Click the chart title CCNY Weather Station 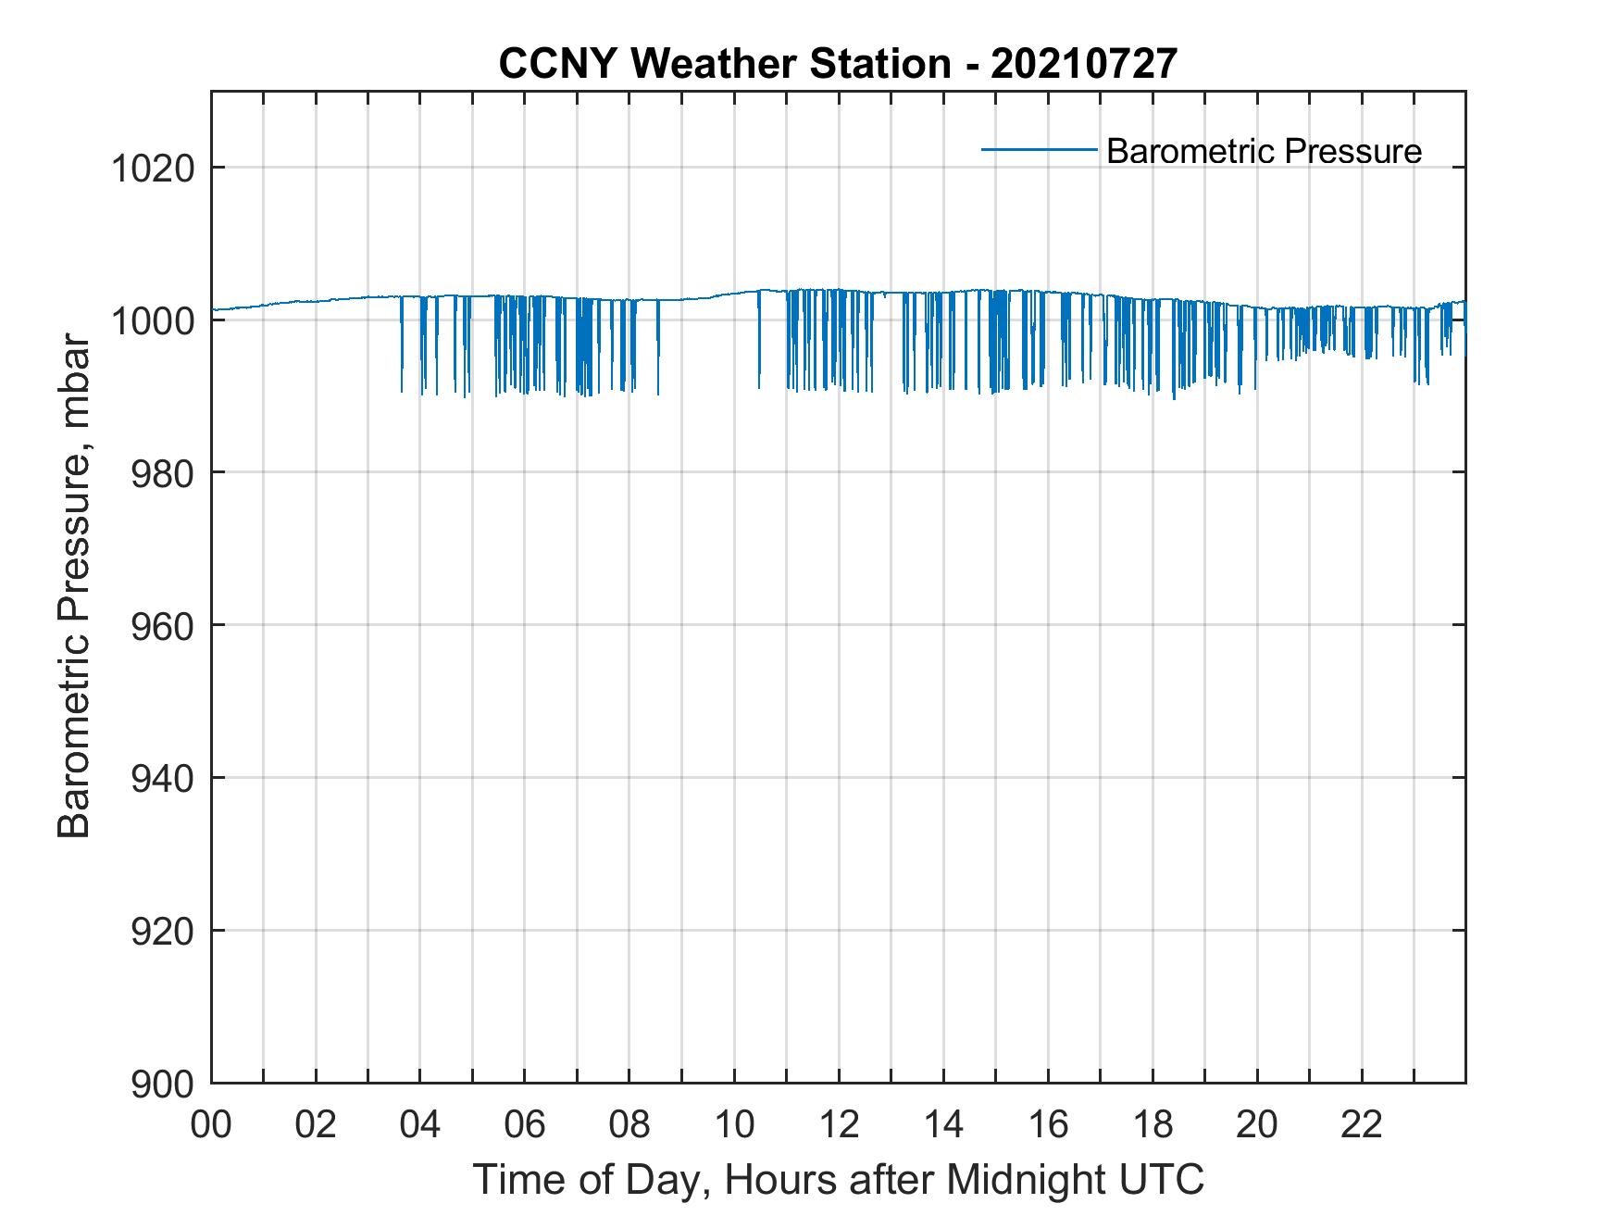tap(724, 64)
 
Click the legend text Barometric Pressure tap(1264, 151)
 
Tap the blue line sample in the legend tap(1039, 149)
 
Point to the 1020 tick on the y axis tap(153, 169)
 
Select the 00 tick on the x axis tap(211, 1125)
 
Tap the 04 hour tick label tap(420, 1125)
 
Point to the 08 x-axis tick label tap(629, 1125)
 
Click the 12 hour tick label tap(839, 1125)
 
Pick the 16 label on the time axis tap(1048, 1125)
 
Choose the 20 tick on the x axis tap(1257, 1125)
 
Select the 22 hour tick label tap(1362, 1125)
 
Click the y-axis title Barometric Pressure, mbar tap(74, 587)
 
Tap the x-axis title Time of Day tap(838, 1180)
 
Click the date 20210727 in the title tap(1084, 64)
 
